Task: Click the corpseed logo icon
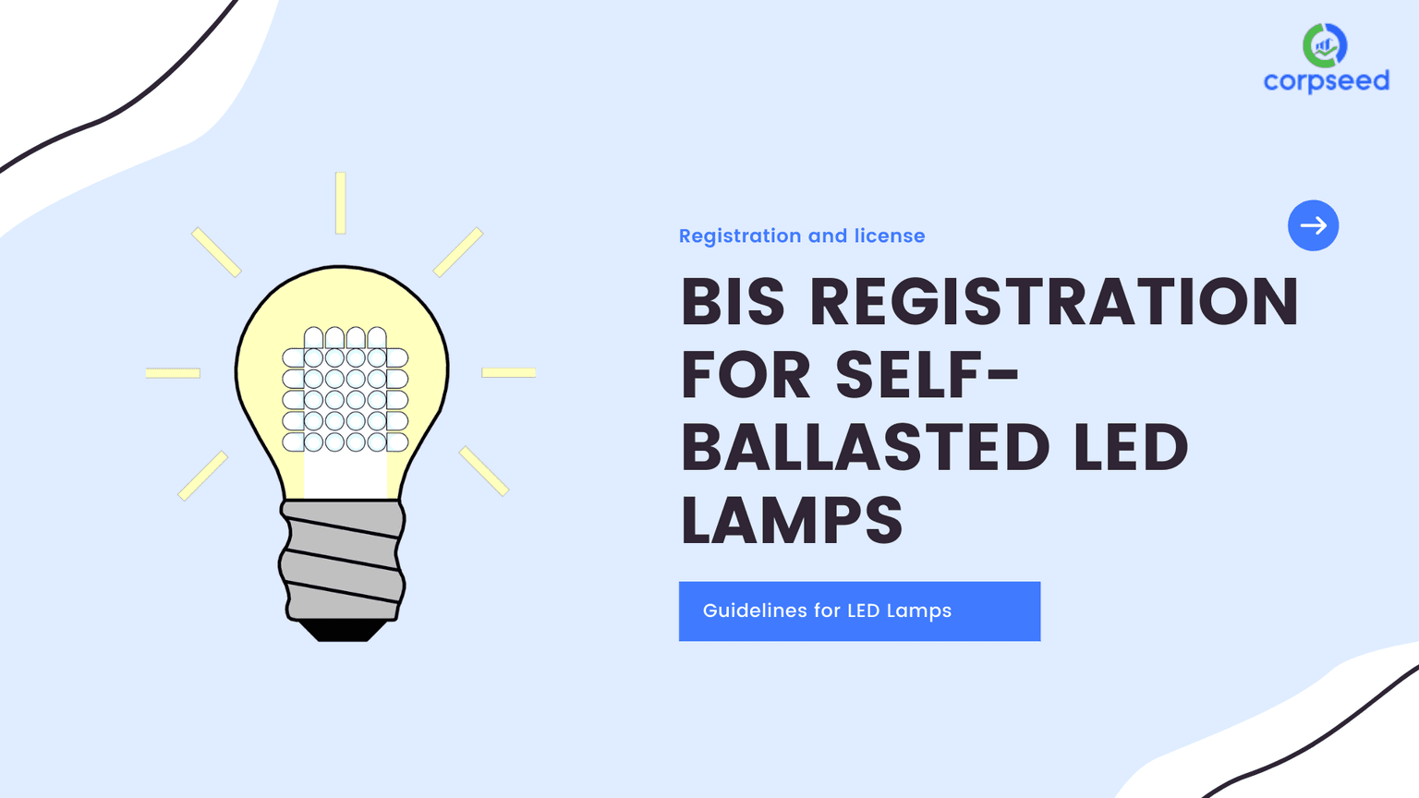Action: click(1325, 45)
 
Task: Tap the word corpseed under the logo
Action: click(1326, 81)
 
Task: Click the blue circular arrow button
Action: click(1313, 225)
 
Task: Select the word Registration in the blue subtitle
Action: click(740, 236)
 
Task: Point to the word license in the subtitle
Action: click(889, 236)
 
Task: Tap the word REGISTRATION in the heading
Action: click(1054, 302)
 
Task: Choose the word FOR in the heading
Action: click(746, 375)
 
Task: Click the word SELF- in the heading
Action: click(927, 375)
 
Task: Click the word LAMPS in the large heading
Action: click(792, 520)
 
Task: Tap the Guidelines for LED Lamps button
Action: click(859, 611)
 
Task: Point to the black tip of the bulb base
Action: click(343, 631)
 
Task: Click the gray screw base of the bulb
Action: click(343, 559)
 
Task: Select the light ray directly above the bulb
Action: click(341, 202)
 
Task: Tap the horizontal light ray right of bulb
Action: click(508, 373)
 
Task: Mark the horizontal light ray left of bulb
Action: click(173, 373)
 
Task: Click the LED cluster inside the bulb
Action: click(346, 389)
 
